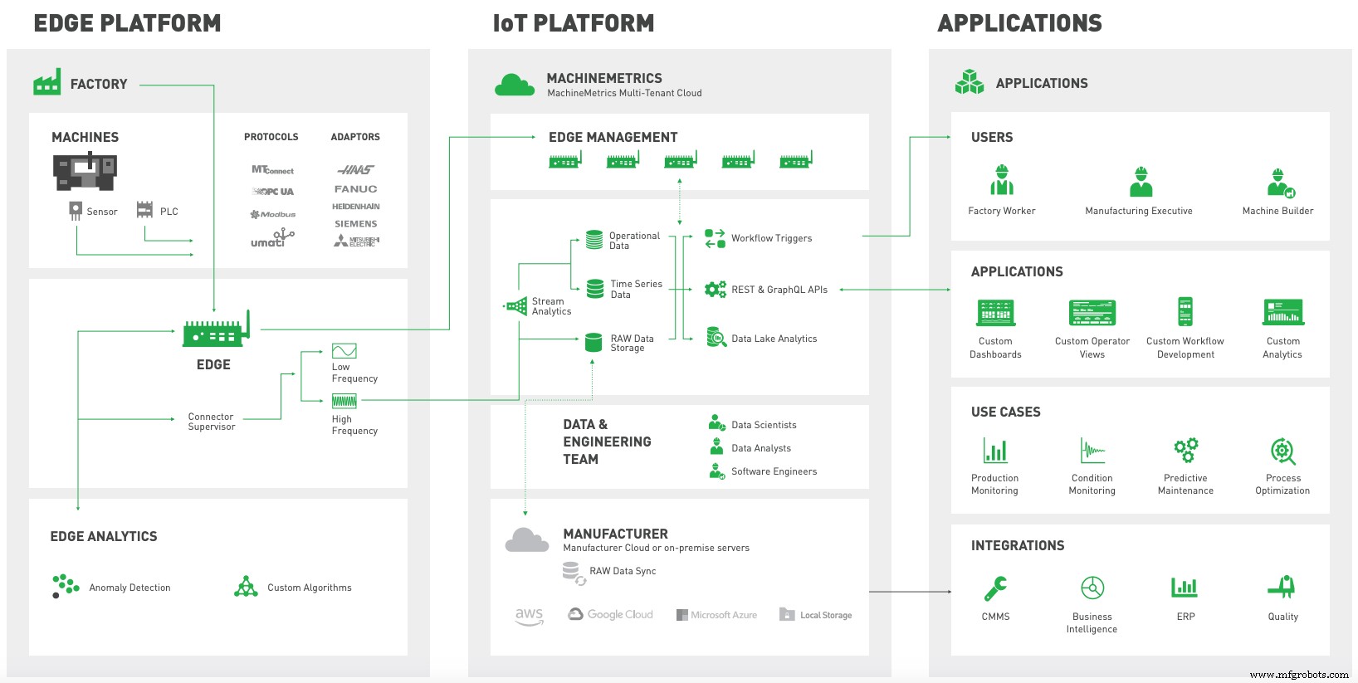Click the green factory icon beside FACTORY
coord(46,82)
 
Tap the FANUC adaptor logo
coord(355,189)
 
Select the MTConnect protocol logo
coord(272,170)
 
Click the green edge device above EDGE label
coord(215,333)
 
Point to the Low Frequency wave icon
coord(344,351)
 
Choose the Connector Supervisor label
coord(211,422)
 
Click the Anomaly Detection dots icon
coord(65,585)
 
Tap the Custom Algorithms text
coord(309,588)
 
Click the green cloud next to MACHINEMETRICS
coord(515,85)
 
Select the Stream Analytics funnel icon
coord(516,306)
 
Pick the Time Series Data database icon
coord(595,289)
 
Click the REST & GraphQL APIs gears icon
coord(715,290)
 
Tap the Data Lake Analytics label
coord(774,339)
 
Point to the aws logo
coord(529,616)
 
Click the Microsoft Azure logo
coord(716,615)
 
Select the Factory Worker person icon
coord(1002,180)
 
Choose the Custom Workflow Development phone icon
coord(1185,312)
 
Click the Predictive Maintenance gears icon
coord(1185,450)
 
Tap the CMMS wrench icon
coord(995,588)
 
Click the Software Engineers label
coord(774,471)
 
